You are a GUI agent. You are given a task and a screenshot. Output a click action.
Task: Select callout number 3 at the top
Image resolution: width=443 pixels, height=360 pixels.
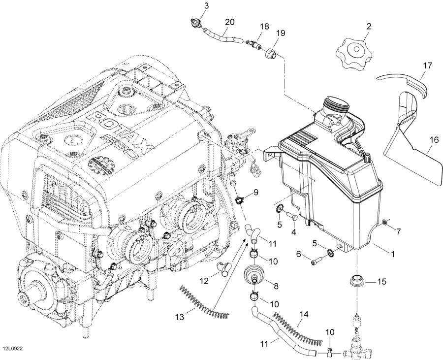point(193,6)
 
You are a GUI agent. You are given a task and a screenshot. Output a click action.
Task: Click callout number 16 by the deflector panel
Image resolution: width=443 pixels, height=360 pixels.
point(433,140)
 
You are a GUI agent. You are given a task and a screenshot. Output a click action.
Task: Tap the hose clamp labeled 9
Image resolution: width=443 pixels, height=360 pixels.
point(241,200)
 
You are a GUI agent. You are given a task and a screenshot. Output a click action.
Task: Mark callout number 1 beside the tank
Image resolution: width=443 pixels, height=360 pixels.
point(392,254)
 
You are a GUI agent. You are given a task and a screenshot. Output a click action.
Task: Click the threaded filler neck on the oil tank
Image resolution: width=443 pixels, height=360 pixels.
point(334,105)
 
